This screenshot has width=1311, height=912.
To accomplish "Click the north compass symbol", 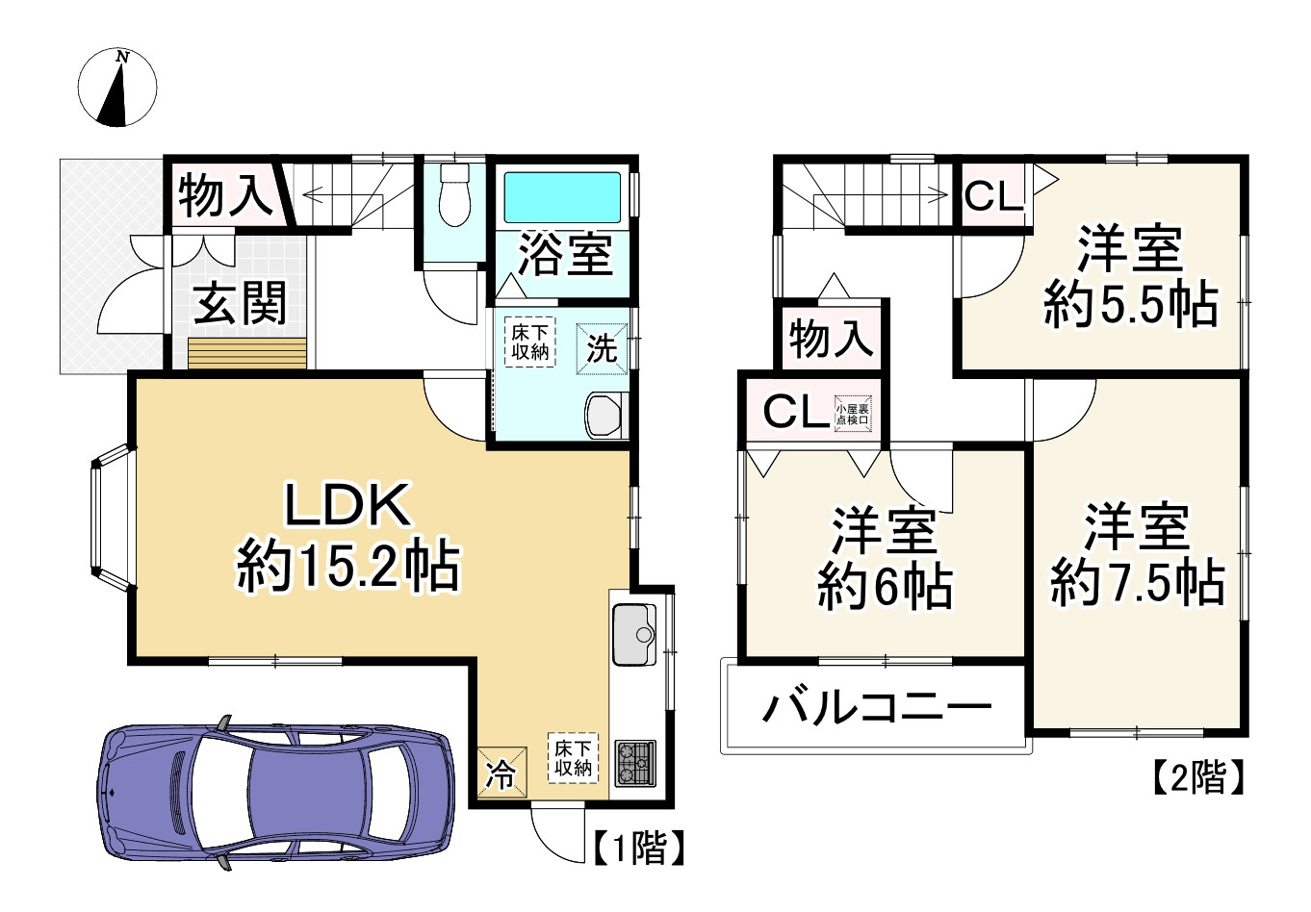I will tap(116, 88).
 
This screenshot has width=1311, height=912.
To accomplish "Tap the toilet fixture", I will tap(452, 193).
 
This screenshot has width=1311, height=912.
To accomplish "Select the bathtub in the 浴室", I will tap(563, 197).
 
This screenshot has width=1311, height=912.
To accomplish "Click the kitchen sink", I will tap(633, 634).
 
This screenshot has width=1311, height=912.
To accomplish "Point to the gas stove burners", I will tap(634, 764).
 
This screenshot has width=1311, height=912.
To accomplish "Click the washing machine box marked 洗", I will tap(602, 347).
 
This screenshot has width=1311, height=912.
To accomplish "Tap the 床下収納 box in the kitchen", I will tap(573, 757).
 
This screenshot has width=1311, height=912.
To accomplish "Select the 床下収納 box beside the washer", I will tap(529, 342).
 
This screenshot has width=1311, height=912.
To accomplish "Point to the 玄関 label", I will tap(241, 304).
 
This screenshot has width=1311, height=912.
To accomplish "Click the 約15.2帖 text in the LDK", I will tap(348, 568).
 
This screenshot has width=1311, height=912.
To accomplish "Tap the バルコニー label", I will tap(877, 709).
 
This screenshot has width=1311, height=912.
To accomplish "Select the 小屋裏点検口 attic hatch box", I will tap(853, 413).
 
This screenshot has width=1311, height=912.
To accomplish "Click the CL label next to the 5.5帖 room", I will tap(993, 197).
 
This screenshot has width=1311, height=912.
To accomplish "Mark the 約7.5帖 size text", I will tap(1138, 583).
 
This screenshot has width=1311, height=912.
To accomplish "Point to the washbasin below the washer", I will tap(606, 415).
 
